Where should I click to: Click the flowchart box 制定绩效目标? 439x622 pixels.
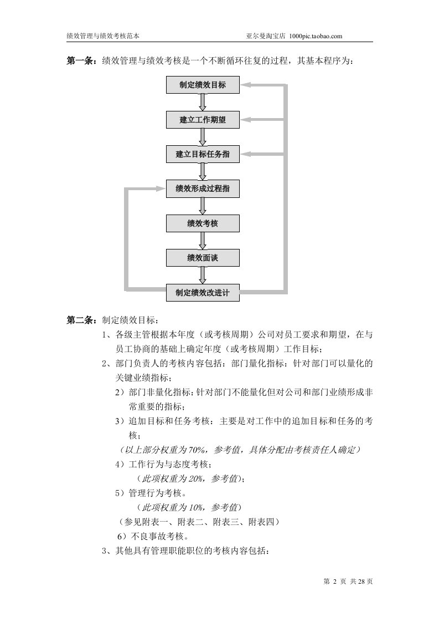[x=203, y=85]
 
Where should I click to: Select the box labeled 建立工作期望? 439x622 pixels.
[x=203, y=120]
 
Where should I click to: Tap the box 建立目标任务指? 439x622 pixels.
[x=203, y=154]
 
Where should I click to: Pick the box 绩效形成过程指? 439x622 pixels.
[x=203, y=189]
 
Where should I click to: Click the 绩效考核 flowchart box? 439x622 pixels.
[x=203, y=223]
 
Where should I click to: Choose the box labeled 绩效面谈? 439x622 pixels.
[x=203, y=258]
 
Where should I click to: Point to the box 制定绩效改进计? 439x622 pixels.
[x=203, y=292]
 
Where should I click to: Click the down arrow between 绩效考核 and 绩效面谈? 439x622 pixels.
[x=203, y=241]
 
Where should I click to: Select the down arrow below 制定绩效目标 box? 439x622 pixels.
[x=203, y=103]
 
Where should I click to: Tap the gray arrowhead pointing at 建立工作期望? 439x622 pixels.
[x=247, y=120]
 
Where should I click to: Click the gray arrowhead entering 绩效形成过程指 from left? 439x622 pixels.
[x=161, y=189]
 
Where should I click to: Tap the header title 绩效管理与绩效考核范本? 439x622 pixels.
[x=102, y=35]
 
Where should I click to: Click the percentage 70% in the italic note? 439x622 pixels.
[x=198, y=450]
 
